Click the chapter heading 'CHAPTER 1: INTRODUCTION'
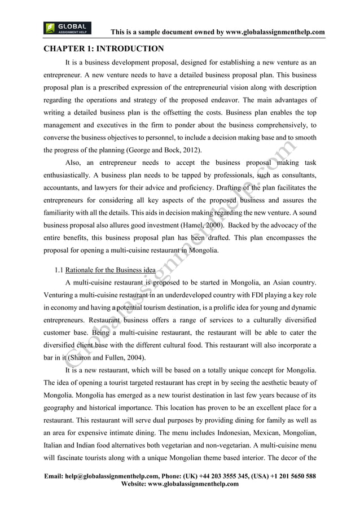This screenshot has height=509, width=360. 104,49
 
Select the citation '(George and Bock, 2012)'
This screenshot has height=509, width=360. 153,150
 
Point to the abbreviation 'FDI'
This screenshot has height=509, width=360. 243,294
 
